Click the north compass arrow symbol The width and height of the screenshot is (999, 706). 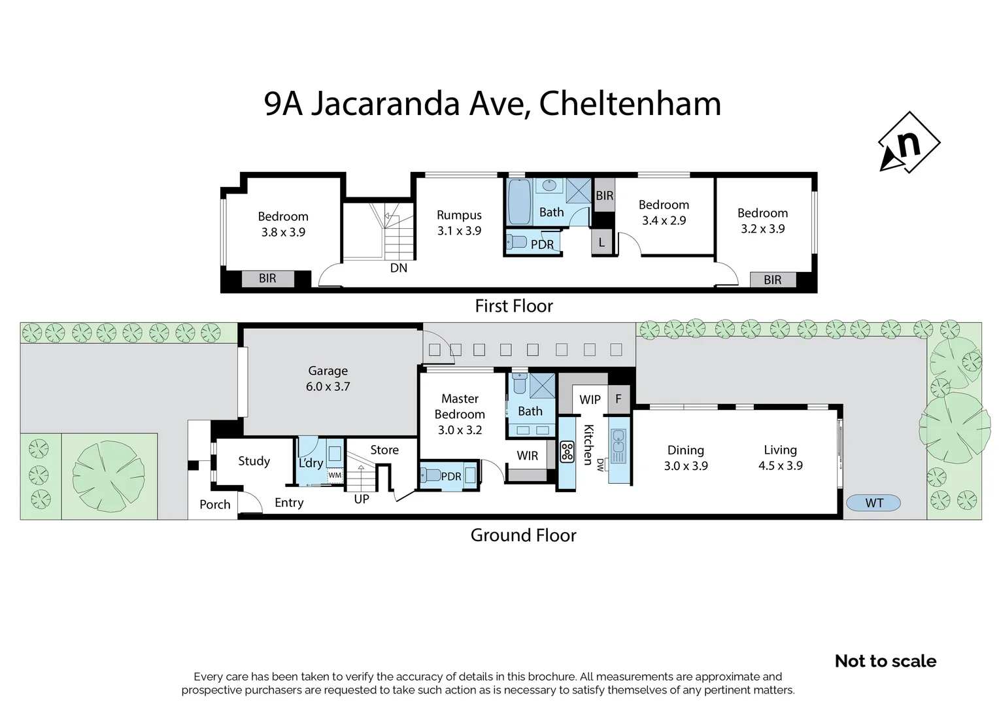[909, 143]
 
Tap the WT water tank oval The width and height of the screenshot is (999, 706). [873, 503]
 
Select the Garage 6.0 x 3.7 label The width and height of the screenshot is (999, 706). [328, 378]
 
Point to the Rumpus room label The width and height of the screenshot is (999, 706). [459, 222]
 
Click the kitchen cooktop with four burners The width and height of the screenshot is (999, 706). [567, 452]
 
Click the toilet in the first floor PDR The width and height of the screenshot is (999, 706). [516, 243]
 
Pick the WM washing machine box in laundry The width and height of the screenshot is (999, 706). [335, 475]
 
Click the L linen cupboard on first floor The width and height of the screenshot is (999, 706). [601, 242]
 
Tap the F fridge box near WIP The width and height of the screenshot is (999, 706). [618, 398]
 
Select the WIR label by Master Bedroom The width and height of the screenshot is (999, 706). [527, 456]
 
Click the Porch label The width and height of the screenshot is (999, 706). [214, 505]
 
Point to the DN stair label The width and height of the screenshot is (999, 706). [398, 268]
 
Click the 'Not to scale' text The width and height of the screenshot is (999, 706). [885, 661]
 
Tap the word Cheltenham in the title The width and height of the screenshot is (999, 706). [630, 104]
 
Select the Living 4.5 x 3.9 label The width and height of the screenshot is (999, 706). [780, 458]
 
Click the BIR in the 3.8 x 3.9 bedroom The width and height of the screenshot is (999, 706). [267, 278]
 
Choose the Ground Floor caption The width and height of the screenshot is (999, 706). [523, 535]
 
